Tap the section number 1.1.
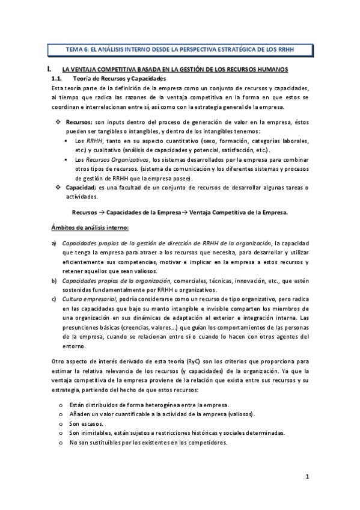click(57, 79)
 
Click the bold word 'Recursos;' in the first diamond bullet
click(79, 122)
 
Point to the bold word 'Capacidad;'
click(81, 188)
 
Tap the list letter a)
click(54, 243)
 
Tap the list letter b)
click(54, 280)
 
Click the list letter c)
click(54, 299)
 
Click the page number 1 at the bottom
click(307, 477)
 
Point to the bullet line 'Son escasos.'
click(87, 423)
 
